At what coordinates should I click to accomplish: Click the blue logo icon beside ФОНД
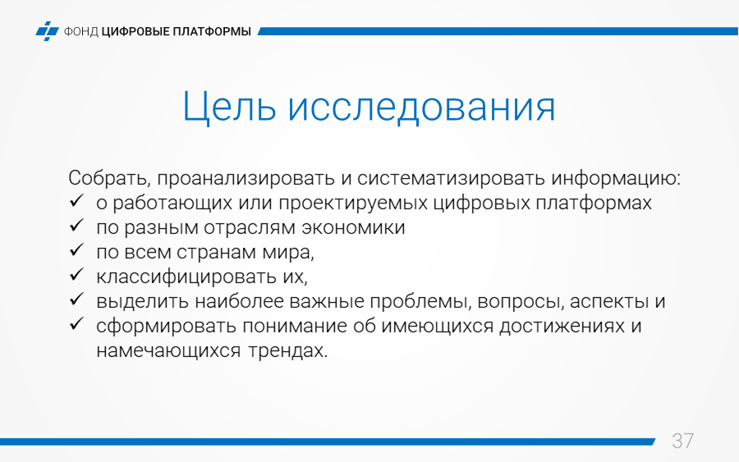coord(47,31)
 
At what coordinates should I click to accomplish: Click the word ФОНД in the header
coord(80,31)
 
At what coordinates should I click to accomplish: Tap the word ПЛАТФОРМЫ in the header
coord(212,31)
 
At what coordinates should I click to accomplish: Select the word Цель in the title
coord(229,107)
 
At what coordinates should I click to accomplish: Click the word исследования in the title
coord(422,107)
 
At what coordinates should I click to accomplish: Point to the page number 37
coord(682,441)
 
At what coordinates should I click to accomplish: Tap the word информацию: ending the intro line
coord(616,179)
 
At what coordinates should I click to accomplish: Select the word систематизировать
coord(449,179)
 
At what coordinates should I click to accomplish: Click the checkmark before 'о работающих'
coord(76,201)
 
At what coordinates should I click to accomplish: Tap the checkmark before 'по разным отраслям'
coord(76,226)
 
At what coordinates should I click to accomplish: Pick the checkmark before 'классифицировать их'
coord(76,275)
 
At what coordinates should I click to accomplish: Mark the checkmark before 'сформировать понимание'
coord(76,323)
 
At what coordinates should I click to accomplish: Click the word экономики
coord(353,227)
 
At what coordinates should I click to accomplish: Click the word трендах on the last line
coord(287,351)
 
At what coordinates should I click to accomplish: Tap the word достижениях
coord(562,326)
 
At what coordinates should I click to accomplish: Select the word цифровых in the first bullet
coord(481,203)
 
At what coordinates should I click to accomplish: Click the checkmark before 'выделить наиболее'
coord(76,299)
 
